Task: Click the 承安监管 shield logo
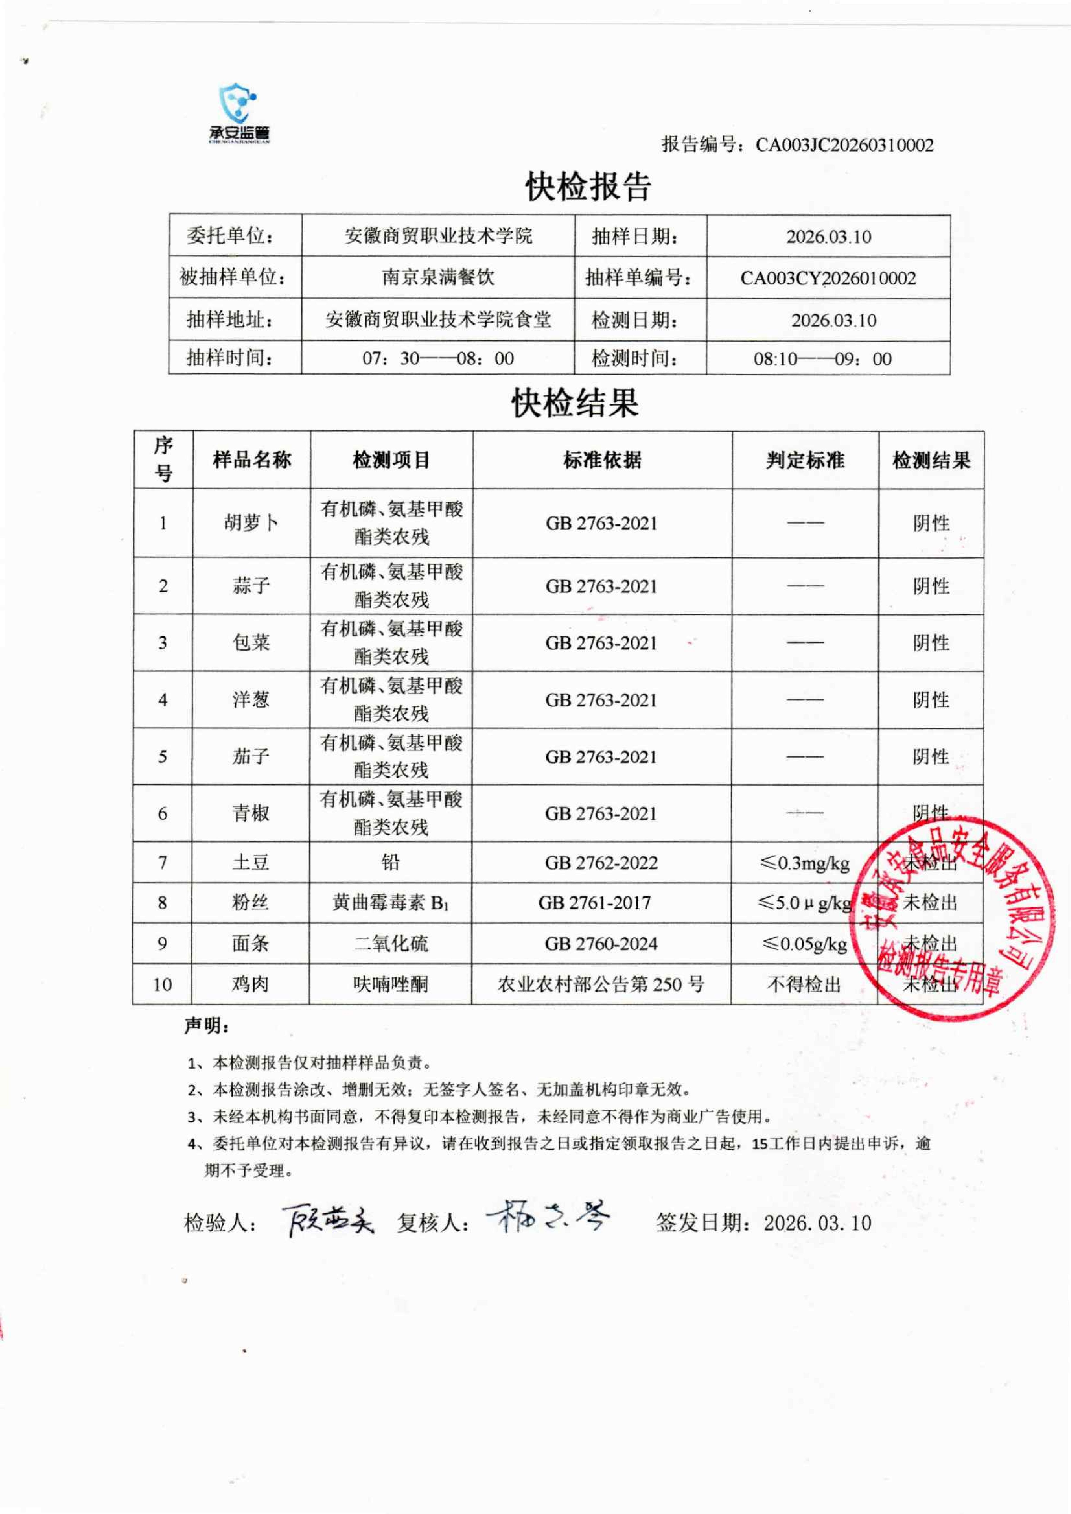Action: [x=239, y=112]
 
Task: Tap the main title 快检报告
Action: [x=588, y=187]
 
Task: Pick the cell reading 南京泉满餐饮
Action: [x=438, y=278]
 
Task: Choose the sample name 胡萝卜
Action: [x=251, y=523]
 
